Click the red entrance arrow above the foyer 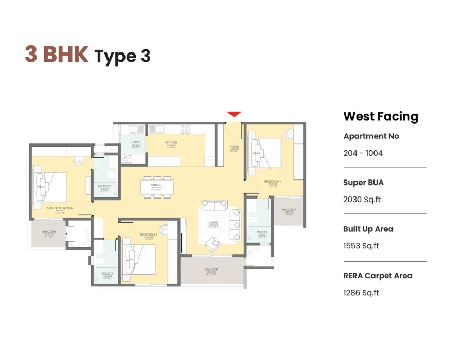(x=234, y=114)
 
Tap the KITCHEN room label (x=171, y=142)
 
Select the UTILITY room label (x=136, y=142)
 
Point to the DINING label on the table (x=156, y=185)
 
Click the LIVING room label (x=213, y=223)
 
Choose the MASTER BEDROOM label (x=60, y=208)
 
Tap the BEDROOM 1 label (x=273, y=182)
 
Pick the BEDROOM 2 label (x=148, y=235)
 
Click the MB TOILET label (x=105, y=186)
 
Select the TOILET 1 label (x=262, y=232)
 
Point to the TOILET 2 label (x=107, y=273)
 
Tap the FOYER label (x=234, y=147)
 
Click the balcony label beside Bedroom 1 (x=289, y=210)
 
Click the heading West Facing (x=381, y=116)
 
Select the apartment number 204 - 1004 (x=363, y=153)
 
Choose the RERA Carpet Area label (x=378, y=276)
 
